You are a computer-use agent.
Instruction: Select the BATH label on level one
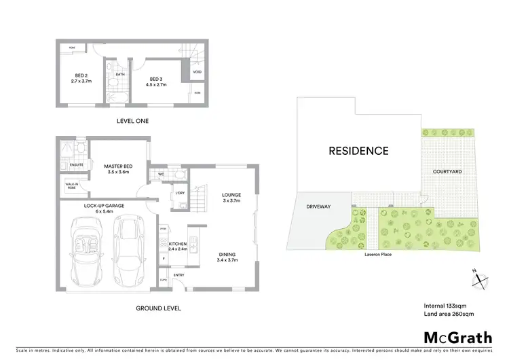point(119,75)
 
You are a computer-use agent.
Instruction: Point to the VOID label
point(197,71)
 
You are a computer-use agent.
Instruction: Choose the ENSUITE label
point(76,165)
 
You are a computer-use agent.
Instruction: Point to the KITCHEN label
point(177,246)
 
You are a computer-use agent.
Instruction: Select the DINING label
point(229,255)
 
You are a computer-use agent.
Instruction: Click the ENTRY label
point(178,275)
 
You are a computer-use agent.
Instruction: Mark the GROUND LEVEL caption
point(157,308)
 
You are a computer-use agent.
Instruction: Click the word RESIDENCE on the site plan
point(359,151)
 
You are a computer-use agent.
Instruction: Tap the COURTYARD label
point(447,173)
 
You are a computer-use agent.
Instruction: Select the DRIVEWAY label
point(317,206)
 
